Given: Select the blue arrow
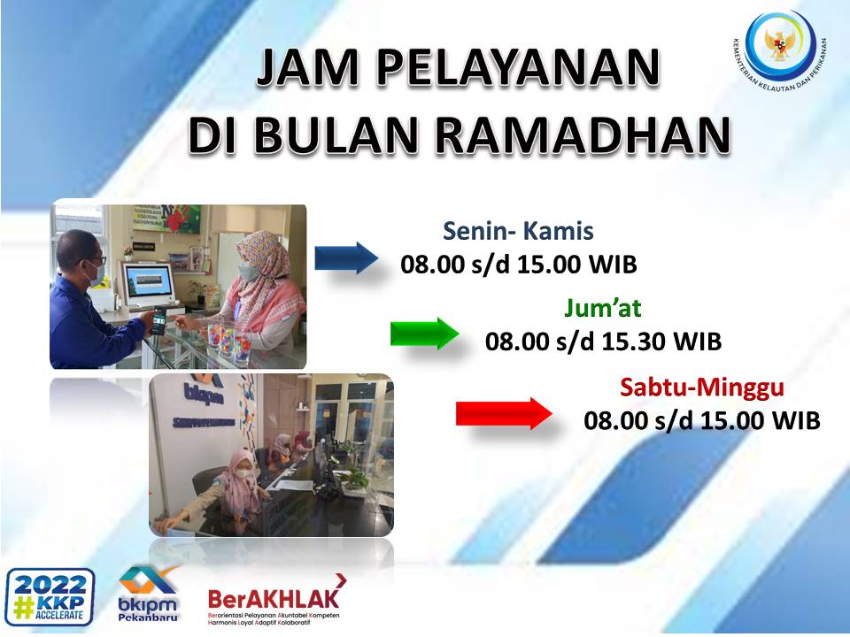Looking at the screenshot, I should [346, 257].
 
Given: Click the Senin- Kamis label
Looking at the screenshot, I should [518, 233].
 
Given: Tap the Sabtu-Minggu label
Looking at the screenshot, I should [702, 388].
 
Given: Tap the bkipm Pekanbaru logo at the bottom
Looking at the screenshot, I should [148, 594].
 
